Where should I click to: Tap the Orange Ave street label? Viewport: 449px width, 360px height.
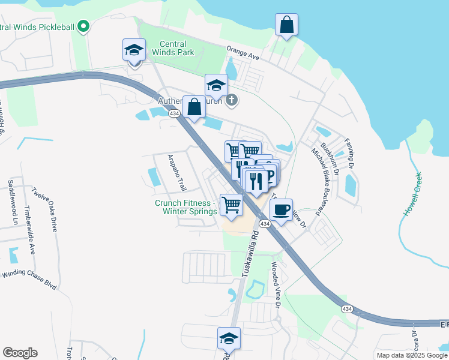(x=243, y=53)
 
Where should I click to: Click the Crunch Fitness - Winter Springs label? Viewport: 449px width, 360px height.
(x=186, y=207)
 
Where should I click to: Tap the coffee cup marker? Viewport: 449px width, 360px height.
(x=280, y=209)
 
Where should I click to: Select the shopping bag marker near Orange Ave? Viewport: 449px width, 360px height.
(x=287, y=25)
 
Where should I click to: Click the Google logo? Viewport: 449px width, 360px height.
(x=20, y=353)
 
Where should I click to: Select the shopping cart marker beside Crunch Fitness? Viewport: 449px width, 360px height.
(x=231, y=205)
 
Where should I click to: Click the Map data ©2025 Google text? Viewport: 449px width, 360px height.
(x=411, y=355)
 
